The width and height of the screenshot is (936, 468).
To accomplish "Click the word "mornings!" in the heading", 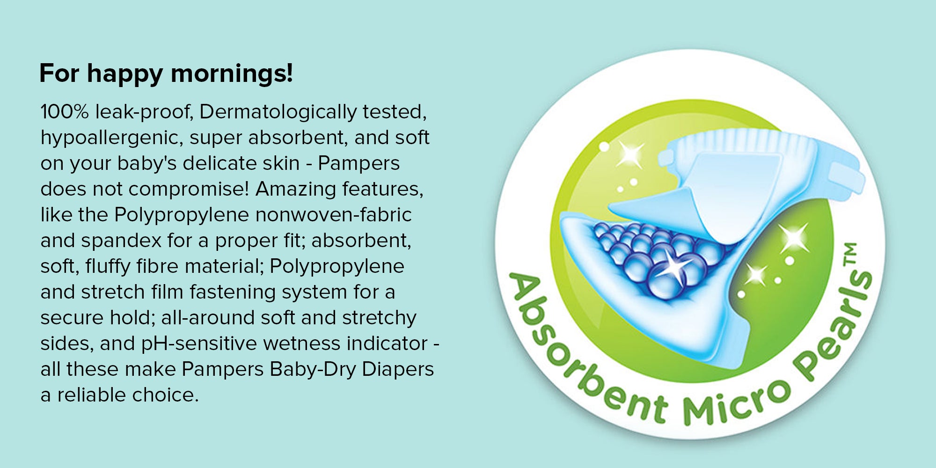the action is (x=232, y=74).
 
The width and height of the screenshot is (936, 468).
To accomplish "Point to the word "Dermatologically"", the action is (x=278, y=112).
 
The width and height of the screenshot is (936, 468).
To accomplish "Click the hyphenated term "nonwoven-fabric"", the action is (x=333, y=215).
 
